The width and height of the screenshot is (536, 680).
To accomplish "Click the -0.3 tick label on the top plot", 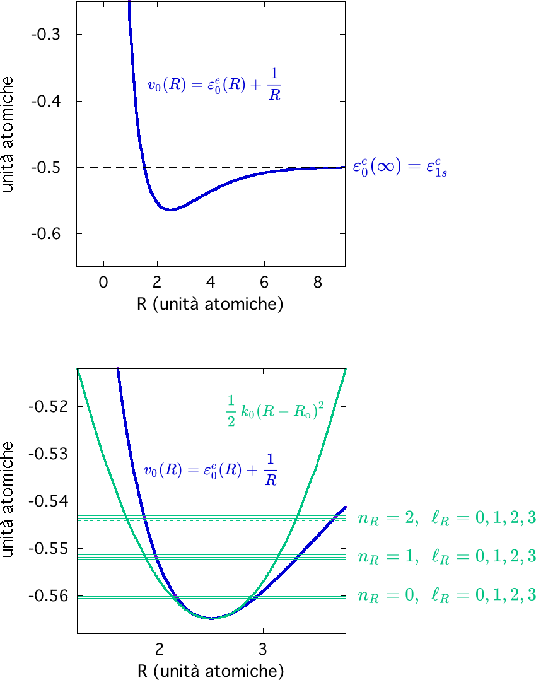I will coord(45,34).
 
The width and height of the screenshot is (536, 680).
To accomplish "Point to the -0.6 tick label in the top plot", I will coord(45,234).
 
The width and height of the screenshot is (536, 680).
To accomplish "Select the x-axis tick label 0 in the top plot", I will coord(103,282).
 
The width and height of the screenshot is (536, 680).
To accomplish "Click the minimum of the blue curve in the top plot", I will coord(170,209).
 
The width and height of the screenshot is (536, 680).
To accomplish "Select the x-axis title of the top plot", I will coord(209,304).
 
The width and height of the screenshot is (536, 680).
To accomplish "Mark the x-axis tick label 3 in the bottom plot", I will coord(263,648).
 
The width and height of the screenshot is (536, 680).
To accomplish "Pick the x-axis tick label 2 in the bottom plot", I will coord(160,648).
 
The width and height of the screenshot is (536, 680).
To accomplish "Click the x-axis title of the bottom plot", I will coord(209,669).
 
